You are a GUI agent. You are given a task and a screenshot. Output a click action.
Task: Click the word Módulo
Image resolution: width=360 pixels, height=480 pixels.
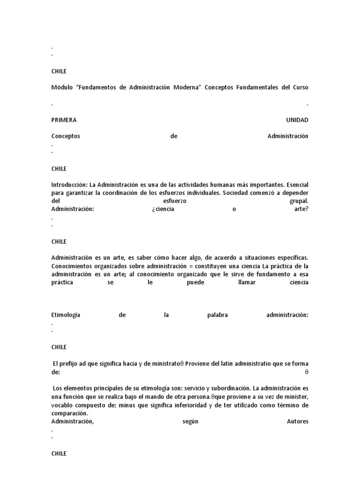click(x=61, y=87)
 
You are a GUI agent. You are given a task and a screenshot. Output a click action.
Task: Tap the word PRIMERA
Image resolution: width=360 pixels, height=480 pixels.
click(x=64, y=120)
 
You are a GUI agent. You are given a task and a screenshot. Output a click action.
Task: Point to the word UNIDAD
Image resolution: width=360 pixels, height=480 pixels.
click(x=297, y=120)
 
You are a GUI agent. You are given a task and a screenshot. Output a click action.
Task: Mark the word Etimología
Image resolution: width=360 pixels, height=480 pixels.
click(x=66, y=315)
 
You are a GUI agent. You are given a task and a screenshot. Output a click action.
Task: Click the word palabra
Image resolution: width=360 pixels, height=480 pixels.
click(x=217, y=315)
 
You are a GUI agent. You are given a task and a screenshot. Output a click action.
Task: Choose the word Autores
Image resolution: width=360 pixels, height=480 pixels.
click(x=297, y=421)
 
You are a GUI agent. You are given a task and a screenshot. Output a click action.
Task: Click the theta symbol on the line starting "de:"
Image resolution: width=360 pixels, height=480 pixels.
click(x=307, y=372)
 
